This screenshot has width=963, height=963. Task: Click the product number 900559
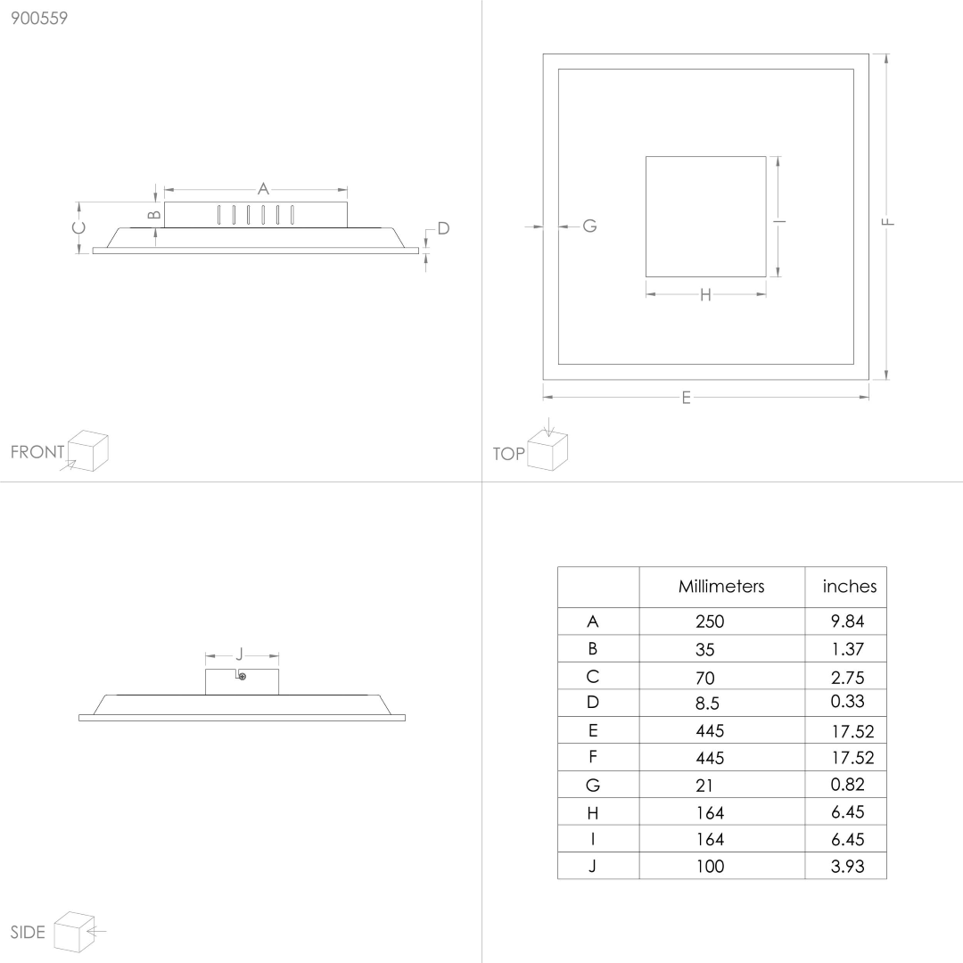[39, 19]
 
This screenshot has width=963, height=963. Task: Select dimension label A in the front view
[263, 188]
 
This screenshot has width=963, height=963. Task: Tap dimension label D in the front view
[443, 228]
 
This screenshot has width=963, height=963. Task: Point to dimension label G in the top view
[589, 226]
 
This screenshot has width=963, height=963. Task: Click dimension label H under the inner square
[705, 295]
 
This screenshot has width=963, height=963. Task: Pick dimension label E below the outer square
[687, 398]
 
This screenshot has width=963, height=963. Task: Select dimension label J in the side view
[240, 654]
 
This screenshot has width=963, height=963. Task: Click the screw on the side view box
[243, 677]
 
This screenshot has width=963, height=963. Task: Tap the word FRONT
[37, 452]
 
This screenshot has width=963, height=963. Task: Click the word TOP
[508, 454]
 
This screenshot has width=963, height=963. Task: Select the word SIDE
[28, 933]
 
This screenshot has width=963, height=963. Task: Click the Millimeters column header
[721, 587]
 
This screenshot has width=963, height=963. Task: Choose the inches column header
[850, 587]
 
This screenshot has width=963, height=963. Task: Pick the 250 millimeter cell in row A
[710, 621]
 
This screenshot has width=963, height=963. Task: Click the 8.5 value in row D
[707, 704]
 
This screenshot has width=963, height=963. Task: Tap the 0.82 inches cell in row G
[848, 785]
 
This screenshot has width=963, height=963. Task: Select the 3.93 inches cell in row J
[848, 866]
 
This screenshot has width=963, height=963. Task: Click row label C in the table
[593, 677]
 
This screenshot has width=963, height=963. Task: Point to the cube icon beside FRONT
[87, 451]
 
